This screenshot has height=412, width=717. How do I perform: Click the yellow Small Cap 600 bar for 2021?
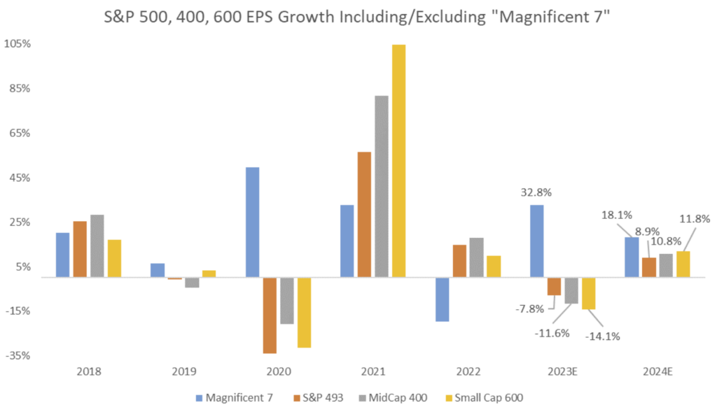click(x=398, y=161)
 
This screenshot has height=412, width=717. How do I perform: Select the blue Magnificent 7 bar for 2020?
click(x=253, y=222)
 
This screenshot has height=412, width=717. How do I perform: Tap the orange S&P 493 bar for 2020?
click(x=270, y=315)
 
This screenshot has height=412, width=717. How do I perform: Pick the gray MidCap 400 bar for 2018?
click(x=97, y=246)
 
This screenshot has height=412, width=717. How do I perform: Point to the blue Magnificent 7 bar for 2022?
click(x=442, y=299)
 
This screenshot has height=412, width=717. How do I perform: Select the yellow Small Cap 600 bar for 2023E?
click(x=588, y=293)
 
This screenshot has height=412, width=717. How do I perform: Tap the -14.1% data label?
click(x=601, y=336)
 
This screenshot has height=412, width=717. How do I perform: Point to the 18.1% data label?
click(x=617, y=218)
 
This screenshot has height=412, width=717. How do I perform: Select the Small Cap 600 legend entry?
click(x=485, y=397)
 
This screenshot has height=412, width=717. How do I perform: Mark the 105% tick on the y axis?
click(x=18, y=43)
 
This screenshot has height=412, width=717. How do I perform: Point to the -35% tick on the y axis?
click(x=18, y=355)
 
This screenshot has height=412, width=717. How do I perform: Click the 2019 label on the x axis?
click(x=183, y=371)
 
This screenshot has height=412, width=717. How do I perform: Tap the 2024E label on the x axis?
click(x=657, y=371)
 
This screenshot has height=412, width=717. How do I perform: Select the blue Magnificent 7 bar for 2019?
click(x=158, y=271)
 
